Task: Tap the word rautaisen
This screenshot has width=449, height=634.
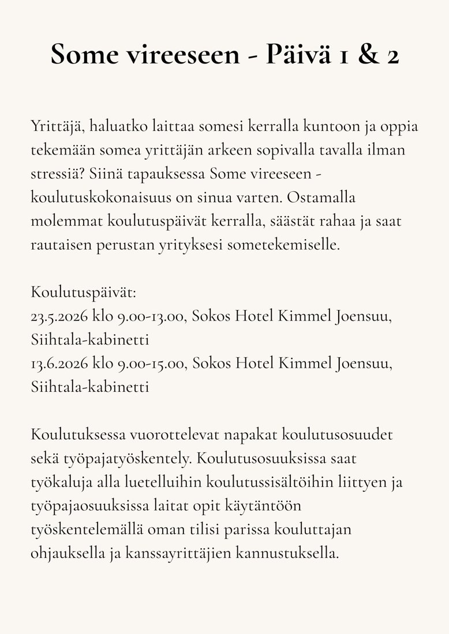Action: [x=62, y=244]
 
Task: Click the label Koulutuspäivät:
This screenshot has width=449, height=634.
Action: [x=83, y=293]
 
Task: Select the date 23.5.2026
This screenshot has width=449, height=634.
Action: [x=59, y=316]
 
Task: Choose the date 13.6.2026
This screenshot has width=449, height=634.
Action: [x=59, y=364]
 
